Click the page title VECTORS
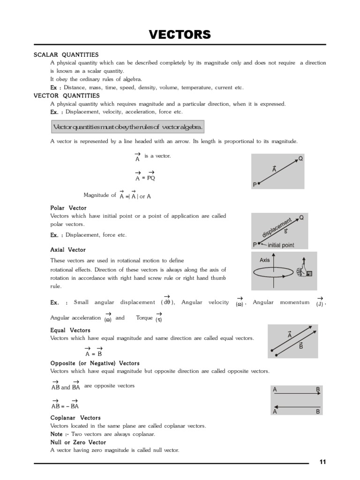(180, 35)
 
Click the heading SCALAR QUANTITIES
(66, 55)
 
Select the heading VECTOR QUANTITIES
(67, 96)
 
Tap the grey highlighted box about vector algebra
(127, 127)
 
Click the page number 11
(322, 462)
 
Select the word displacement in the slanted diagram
(277, 227)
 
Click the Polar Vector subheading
(68, 208)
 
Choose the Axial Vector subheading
(67, 250)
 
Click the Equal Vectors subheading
(70, 330)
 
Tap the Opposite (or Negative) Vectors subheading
(95, 363)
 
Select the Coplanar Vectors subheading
(75, 417)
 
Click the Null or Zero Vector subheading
(78, 442)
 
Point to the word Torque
(144, 318)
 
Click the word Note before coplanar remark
(57, 434)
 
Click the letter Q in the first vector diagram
(300, 158)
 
